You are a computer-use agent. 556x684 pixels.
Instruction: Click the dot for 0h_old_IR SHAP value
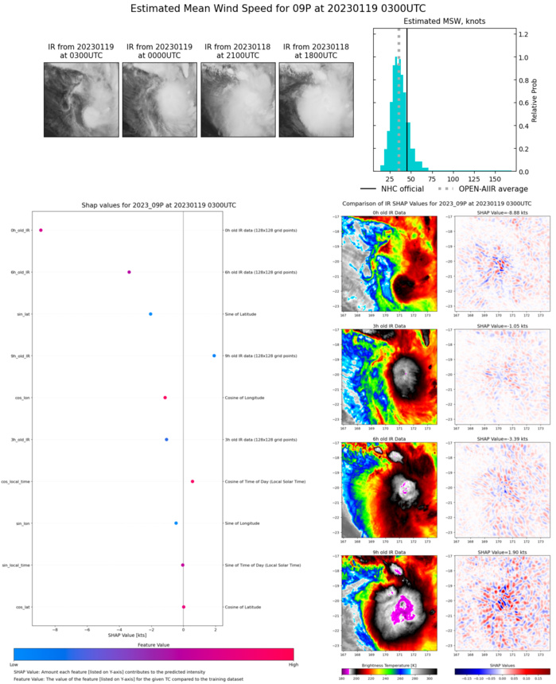click(x=41, y=231)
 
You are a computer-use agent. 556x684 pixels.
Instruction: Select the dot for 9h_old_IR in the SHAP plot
click(x=214, y=356)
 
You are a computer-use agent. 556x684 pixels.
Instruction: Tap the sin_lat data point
click(x=150, y=314)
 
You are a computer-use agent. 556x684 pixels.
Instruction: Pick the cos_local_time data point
click(x=192, y=481)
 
